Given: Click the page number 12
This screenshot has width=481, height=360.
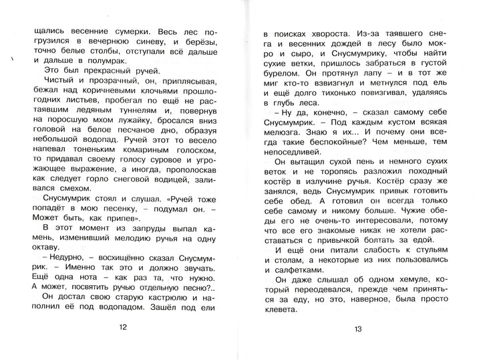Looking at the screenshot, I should [x=121, y=327].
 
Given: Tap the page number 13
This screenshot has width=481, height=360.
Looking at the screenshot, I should [x=358, y=328].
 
